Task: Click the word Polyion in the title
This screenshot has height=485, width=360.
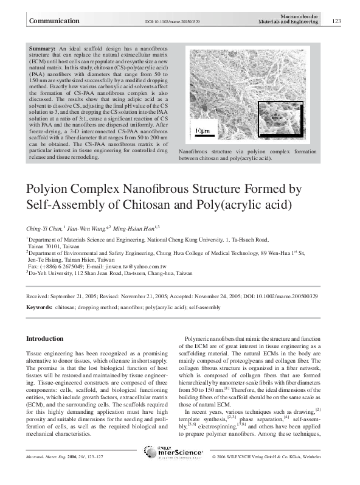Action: click(49, 189)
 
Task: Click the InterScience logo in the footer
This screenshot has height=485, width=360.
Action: click(178, 470)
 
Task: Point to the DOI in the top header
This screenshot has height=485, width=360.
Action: click(173, 22)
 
